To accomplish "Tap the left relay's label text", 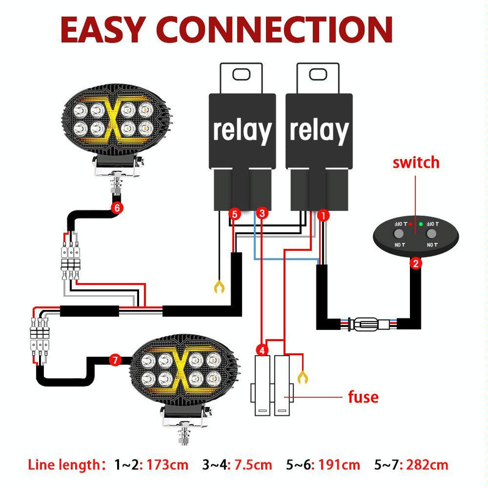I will pos(242,130).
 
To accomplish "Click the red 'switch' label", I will pos(415,163).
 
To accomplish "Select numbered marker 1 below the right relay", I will pos(323,214).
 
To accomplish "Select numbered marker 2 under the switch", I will pos(415,264).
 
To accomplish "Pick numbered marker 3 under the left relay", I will pos(261,213).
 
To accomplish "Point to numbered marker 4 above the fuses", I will pos(261,350).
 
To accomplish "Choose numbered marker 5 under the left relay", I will pos(235,213).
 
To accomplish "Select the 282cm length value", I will pos(429,465).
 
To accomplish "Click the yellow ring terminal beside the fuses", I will pos(301,377).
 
